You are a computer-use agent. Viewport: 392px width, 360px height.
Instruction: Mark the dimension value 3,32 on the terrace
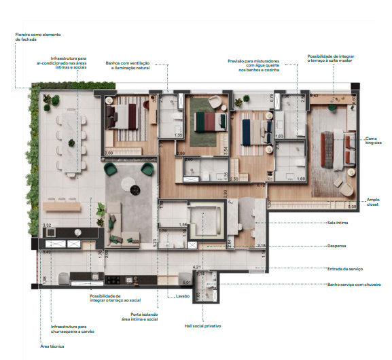point(47,225)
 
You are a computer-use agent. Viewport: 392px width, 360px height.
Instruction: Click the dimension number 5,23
point(156,244)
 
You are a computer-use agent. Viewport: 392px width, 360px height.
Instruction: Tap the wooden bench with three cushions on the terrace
point(61,204)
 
